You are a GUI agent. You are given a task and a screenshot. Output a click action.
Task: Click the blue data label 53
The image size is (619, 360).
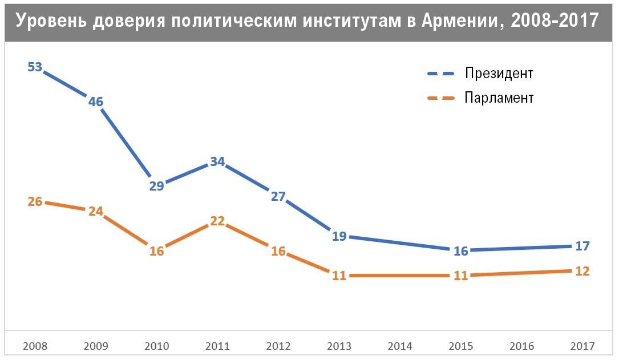pos(35,67)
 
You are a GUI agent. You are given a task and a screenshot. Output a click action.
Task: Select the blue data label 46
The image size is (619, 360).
pos(96,102)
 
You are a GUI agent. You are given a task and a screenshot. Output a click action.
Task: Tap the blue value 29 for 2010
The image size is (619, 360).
pos(157,185)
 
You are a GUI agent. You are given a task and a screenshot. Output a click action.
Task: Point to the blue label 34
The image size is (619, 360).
pos(217,161)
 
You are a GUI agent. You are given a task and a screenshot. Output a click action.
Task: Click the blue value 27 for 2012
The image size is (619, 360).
pos(278,197)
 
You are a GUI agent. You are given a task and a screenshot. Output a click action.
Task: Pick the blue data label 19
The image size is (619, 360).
pos(339,236)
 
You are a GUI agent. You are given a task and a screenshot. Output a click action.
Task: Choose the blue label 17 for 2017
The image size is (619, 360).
pos(582,246)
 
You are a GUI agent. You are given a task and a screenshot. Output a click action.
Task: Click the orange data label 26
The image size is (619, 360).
pos(35,201)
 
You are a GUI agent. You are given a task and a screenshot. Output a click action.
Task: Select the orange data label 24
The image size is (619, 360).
pos(96,211)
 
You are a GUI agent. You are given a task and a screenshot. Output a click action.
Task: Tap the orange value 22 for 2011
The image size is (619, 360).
pos(217,221)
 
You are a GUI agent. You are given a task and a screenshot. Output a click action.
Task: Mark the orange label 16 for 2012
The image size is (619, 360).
pos(278,251)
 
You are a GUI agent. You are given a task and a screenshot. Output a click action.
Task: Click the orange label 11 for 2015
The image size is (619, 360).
pos(460,276)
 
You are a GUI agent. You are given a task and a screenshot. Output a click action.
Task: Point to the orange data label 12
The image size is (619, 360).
pos(582,271)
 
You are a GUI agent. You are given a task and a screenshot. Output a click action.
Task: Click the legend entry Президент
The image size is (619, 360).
pos(499,74)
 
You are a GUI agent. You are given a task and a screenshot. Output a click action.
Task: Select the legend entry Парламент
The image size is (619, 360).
pos(499,98)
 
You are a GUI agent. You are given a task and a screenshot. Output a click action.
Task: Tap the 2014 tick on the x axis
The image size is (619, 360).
pos(399,346)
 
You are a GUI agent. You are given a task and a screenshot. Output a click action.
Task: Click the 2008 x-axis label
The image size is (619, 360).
pos(35,346)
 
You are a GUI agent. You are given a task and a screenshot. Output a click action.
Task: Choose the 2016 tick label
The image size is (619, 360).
pos(521,346)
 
